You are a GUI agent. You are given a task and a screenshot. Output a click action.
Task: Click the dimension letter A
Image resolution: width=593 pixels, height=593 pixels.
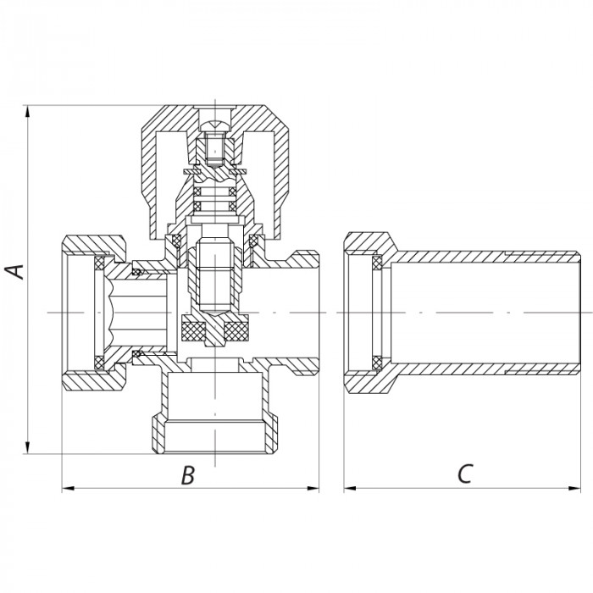point(14,272)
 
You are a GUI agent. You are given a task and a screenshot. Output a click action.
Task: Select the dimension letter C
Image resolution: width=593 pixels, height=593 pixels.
point(463,475)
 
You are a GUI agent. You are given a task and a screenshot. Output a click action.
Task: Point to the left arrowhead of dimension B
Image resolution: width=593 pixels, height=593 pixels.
point(68,489)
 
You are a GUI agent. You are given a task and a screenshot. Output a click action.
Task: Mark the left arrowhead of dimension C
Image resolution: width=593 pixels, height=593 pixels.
point(349,489)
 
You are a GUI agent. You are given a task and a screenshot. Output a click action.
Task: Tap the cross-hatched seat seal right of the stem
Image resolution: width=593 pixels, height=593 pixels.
point(241,330)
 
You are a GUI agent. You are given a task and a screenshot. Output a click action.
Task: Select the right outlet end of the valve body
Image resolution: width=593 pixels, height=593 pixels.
point(305,313)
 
